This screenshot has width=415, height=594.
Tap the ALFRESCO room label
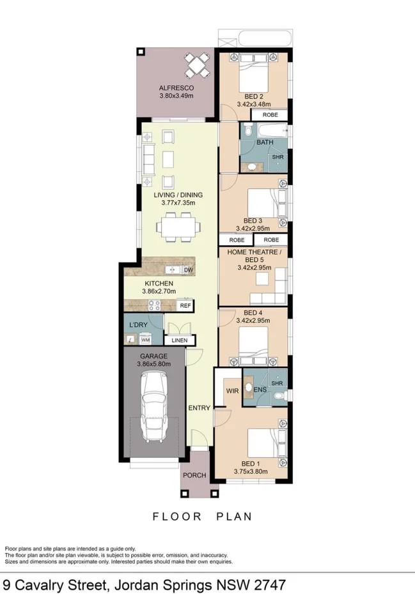point(176,88)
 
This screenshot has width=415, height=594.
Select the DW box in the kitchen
point(188,270)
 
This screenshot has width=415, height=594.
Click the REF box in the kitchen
point(185,306)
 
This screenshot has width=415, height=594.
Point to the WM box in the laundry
point(145,340)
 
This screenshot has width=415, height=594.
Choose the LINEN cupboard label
point(180,340)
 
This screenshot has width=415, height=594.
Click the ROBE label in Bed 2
point(270,115)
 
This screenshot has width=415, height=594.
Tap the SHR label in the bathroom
point(278,156)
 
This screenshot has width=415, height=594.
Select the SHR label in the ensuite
point(277,383)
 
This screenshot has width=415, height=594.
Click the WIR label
point(232,390)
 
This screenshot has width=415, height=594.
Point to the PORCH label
point(194,475)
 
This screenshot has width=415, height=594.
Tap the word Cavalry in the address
point(43,584)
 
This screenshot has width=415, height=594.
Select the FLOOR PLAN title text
point(201,516)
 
